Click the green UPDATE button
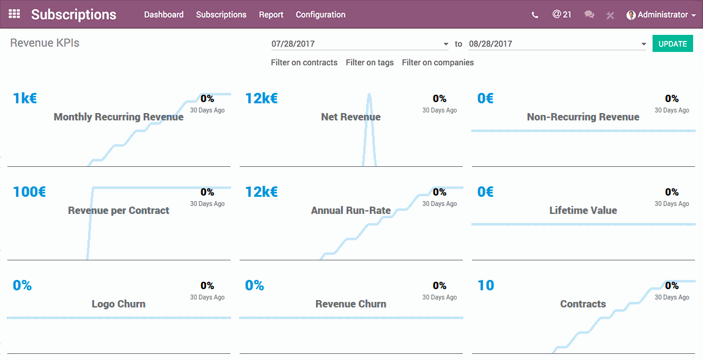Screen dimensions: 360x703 (672, 44)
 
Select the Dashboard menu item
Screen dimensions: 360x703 (164, 15)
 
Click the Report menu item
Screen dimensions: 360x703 (271, 15)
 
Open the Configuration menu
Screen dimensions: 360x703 (320, 15)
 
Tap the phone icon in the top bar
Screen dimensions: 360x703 (535, 15)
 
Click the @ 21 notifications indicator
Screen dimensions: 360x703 (562, 14)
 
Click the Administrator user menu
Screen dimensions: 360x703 (661, 15)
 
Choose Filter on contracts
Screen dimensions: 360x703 (304, 62)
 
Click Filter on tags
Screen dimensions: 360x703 (370, 62)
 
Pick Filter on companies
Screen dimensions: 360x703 (438, 62)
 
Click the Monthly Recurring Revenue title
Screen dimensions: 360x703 (119, 117)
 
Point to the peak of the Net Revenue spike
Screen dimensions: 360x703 (369, 95)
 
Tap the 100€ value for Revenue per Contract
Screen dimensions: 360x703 (29, 192)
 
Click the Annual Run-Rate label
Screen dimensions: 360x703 (351, 210)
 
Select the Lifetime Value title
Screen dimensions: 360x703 (583, 210)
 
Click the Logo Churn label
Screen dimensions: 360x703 (119, 304)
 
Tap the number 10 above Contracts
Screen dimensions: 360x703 (486, 285)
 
